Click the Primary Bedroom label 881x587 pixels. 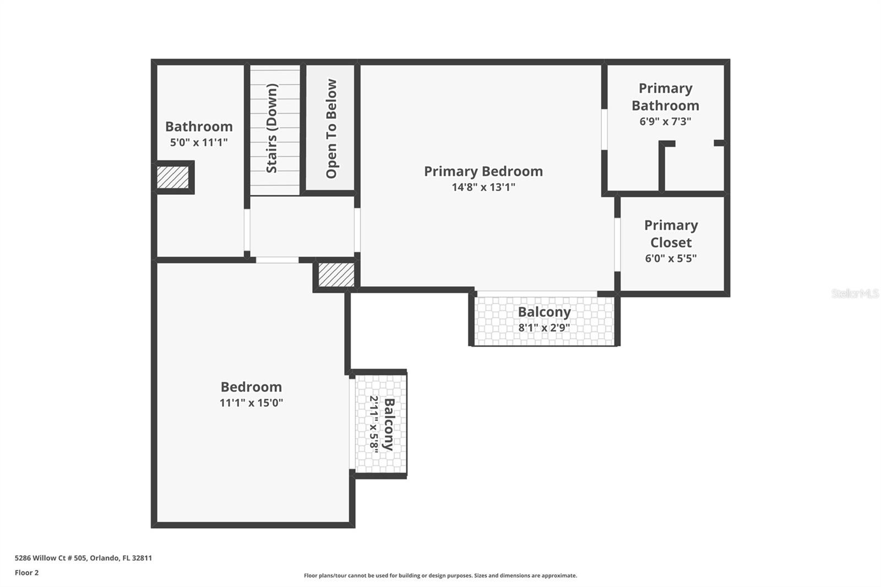(483, 171)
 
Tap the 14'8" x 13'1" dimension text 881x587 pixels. (483, 187)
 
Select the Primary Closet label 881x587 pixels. (671, 233)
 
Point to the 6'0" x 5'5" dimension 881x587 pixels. (671, 258)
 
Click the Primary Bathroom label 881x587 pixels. (665, 97)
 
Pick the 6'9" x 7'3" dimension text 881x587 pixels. (665, 121)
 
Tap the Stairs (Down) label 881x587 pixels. (272, 128)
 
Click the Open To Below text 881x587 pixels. (331, 129)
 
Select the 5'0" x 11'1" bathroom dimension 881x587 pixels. (199, 142)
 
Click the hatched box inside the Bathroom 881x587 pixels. (172, 177)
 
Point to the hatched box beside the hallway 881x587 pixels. (336, 274)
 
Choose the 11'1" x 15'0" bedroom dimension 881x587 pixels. (251, 403)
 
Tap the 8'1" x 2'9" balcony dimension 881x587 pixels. (544, 328)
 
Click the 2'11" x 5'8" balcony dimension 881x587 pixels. (374, 425)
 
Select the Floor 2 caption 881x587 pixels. (26, 573)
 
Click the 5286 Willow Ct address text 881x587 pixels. (83, 558)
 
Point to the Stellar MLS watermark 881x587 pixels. (855, 293)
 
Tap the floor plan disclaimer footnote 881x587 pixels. (440, 575)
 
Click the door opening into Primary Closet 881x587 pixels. (617, 244)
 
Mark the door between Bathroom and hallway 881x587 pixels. (247, 230)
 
